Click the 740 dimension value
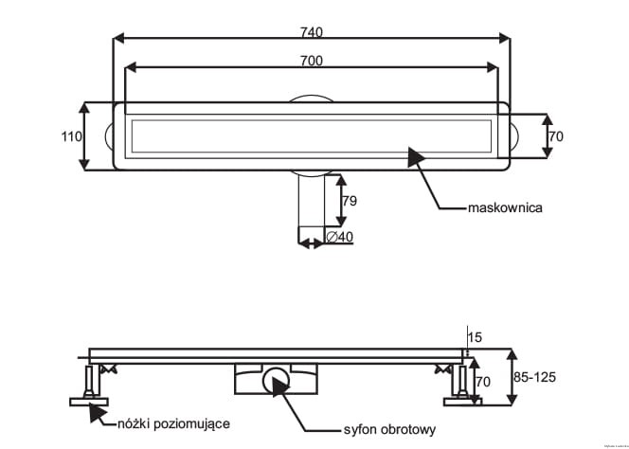(x=312, y=31)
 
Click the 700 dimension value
(x=312, y=60)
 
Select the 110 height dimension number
(x=71, y=136)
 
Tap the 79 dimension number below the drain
(x=349, y=200)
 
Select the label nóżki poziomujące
(x=173, y=423)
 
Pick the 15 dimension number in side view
(x=475, y=336)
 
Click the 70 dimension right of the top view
(x=555, y=136)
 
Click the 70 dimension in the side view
(x=481, y=384)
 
